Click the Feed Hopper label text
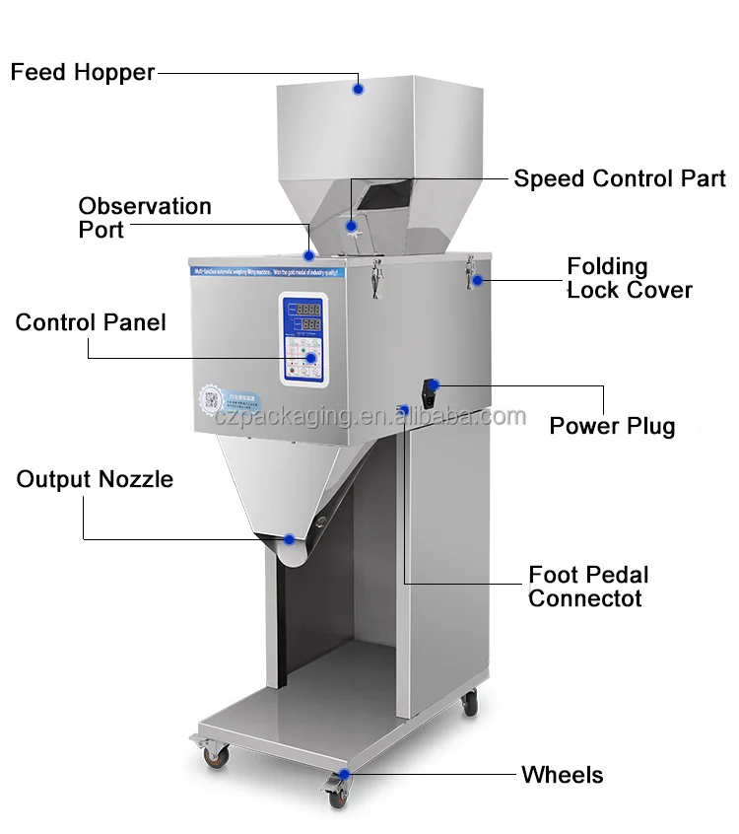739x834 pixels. coord(83,73)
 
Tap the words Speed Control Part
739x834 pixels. coord(619,178)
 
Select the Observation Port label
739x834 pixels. coord(144,218)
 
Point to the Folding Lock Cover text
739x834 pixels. coord(629,278)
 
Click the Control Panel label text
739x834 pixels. coord(91,322)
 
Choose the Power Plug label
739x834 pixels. coord(612,426)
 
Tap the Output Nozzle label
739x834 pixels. coord(95,480)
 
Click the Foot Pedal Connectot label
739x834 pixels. coord(588,587)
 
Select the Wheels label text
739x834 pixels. coord(562,775)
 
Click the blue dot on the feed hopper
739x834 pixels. coord(358,89)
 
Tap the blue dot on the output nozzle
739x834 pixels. coord(289,539)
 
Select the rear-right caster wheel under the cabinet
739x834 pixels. coord(470,704)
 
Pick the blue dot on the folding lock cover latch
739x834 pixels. coord(477,281)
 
